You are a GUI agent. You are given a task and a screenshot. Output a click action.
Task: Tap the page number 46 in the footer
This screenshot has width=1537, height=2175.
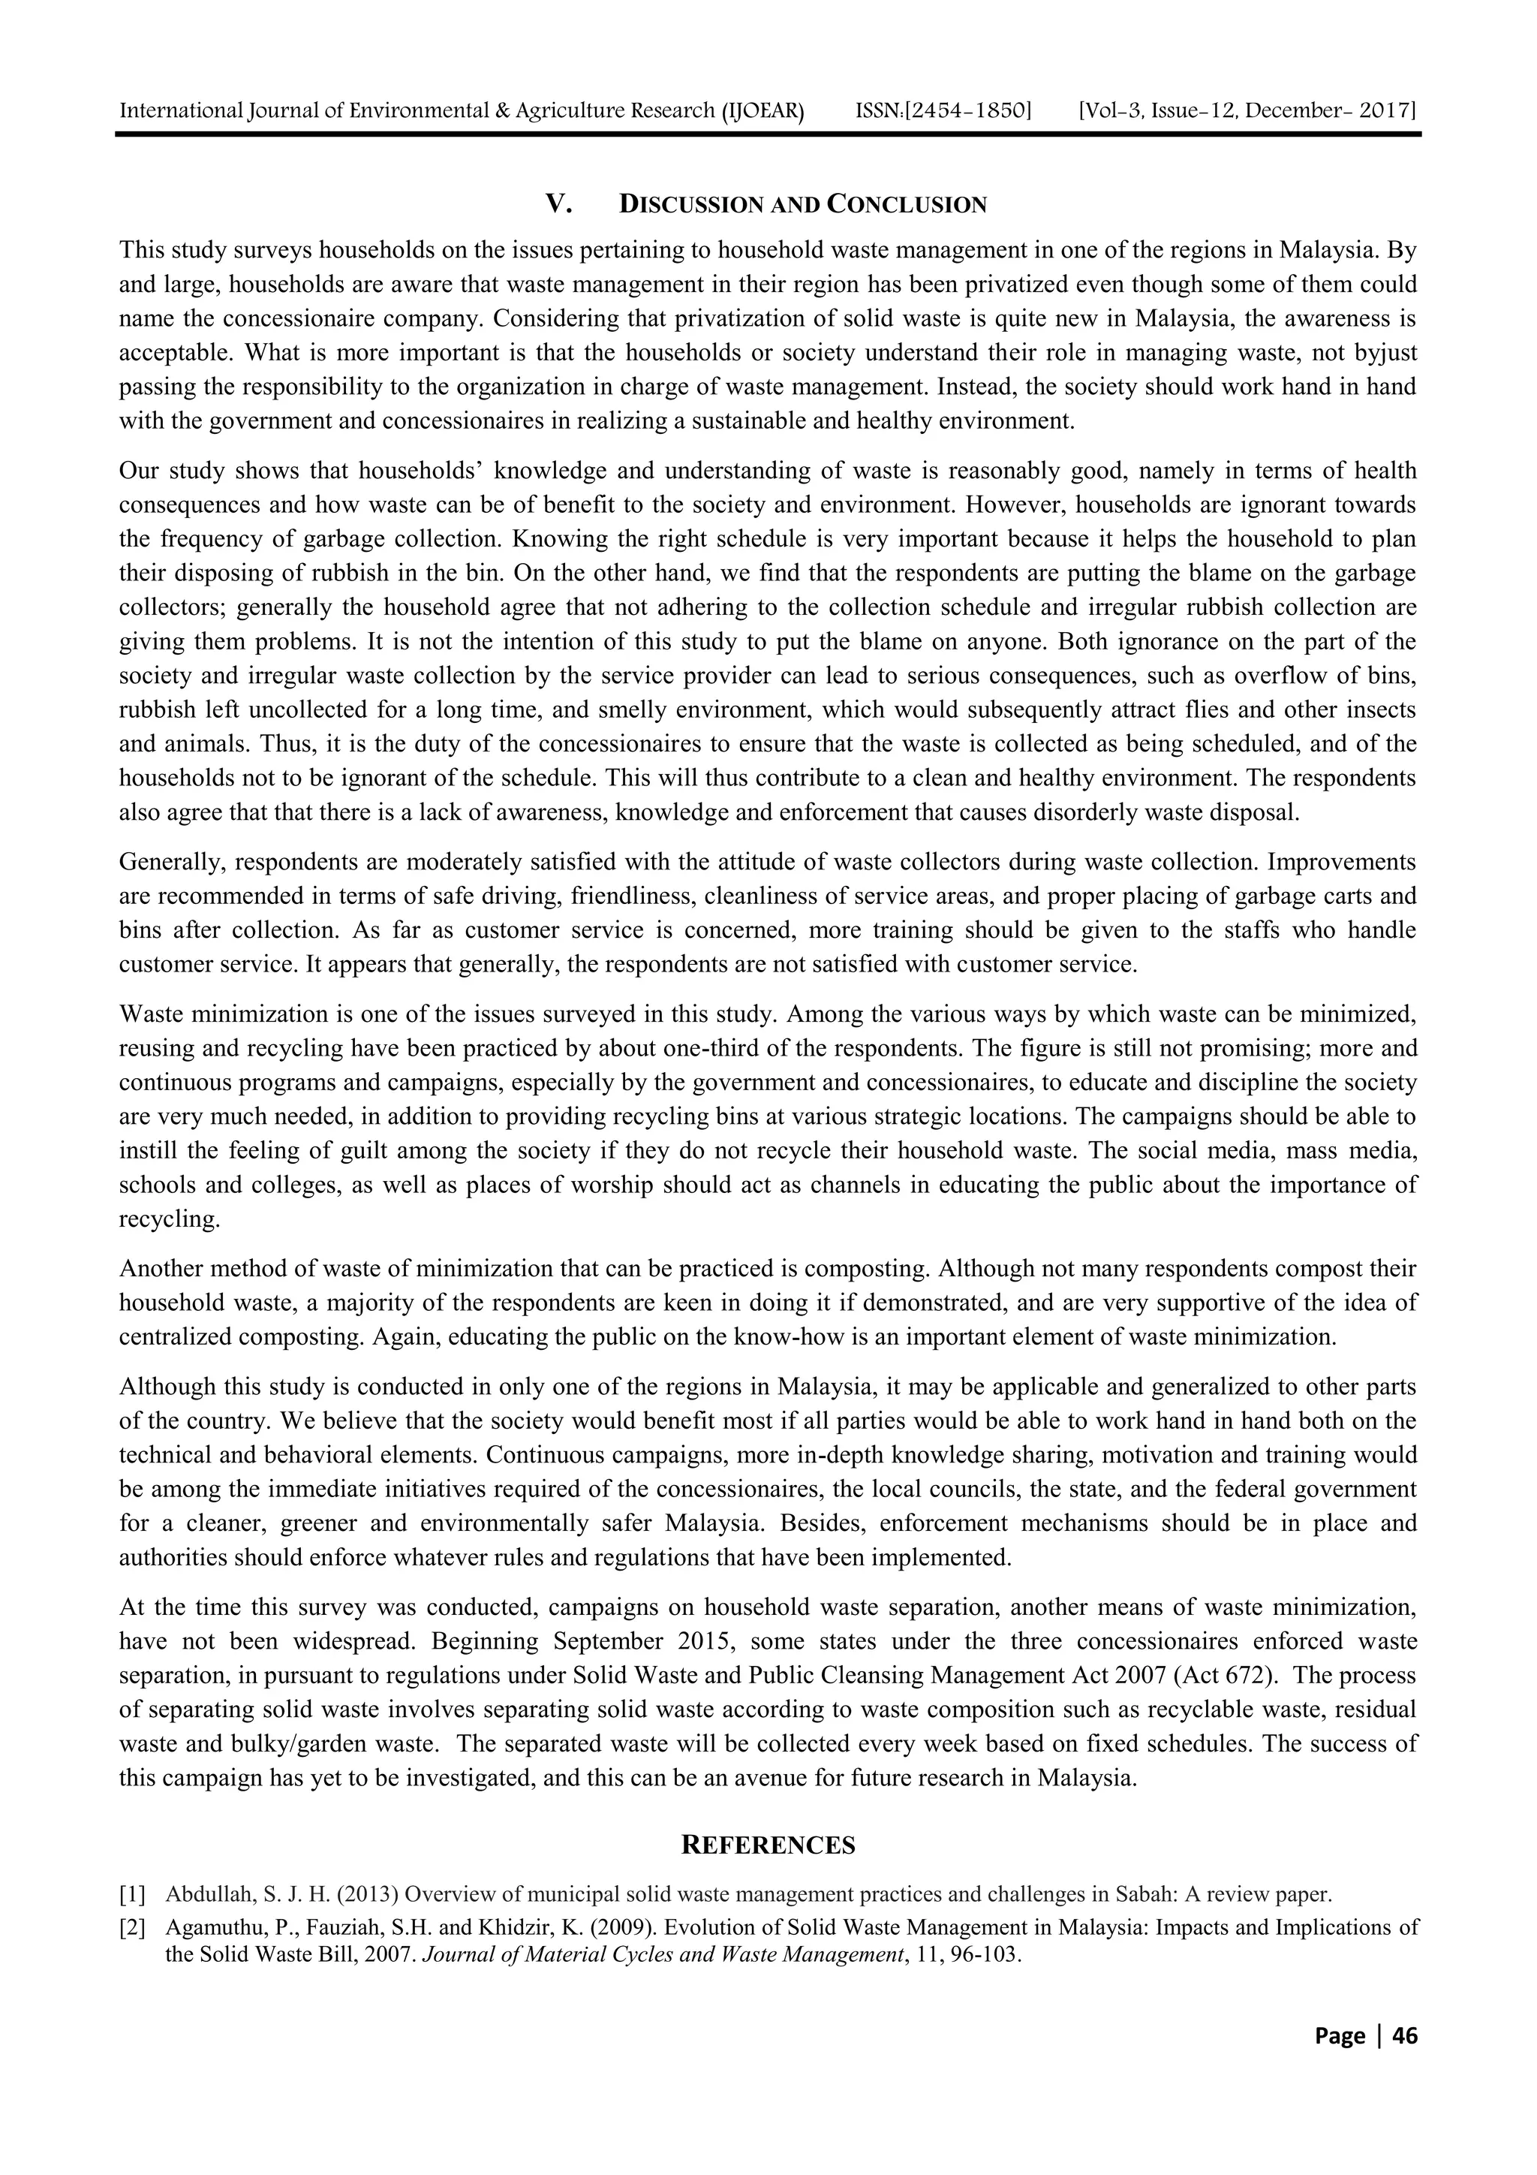(x=1404, y=2037)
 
